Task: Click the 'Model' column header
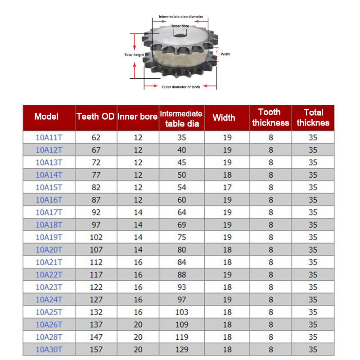click(46, 117)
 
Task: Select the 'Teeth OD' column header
click(95, 117)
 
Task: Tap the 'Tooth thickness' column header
click(270, 117)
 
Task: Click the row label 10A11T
click(49, 137)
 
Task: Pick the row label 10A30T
click(49, 349)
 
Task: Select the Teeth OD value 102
click(96, 237)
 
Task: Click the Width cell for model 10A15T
click(227, 187)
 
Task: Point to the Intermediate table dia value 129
click(182, 349)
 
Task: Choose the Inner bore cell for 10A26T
click(138, 324)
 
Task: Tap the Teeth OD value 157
click(96, 349)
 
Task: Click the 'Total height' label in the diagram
click(134, 55)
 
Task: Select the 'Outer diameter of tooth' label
click(180, 87)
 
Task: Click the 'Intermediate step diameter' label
click(180, 17)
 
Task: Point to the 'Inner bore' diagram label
click(180, 26)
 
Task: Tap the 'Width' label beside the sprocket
click(225, 54)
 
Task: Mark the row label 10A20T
click(49, 250)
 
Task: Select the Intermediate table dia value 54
click(182, 187)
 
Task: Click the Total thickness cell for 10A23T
click(313, 287)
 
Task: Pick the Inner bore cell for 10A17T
click(138, 212)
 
